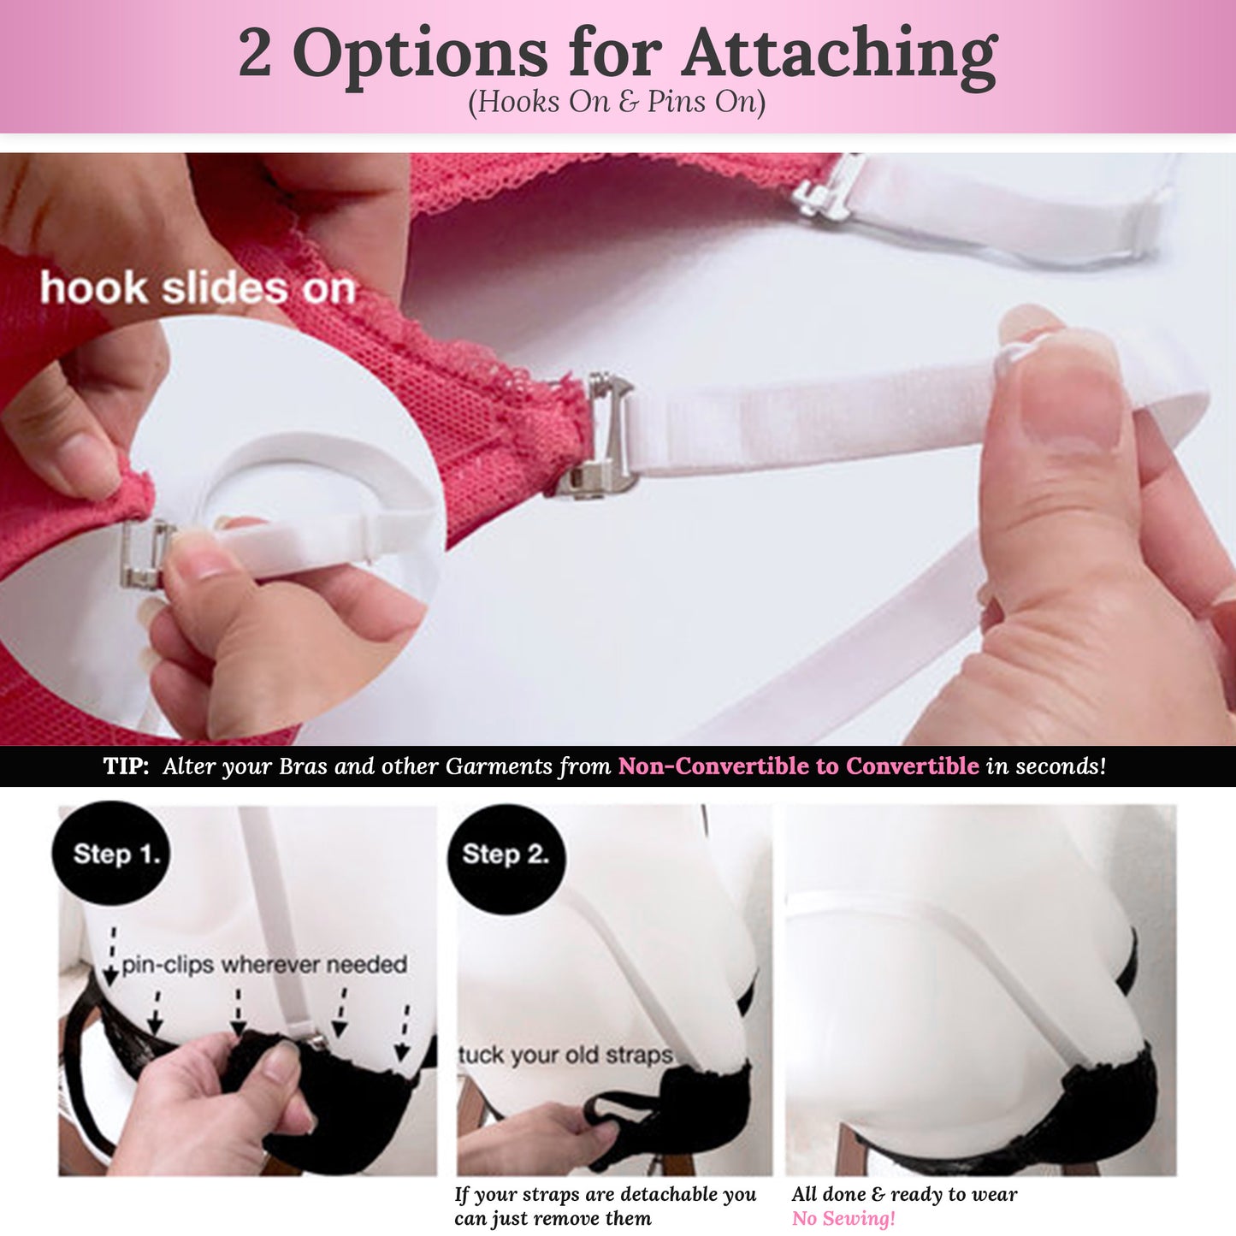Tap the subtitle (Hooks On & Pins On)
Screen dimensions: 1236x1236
coord(616,102)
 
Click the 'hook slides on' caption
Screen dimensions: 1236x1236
coord(198,288)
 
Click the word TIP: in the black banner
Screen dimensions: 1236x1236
coord(126,766)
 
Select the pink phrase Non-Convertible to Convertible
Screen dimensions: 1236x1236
coord(798,766)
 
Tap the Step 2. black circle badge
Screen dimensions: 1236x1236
coord(506,854)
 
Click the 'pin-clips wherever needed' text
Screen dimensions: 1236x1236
coord(263,965)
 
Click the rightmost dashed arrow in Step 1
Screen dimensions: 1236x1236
coord(403,1032)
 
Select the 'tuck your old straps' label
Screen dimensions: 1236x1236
coord(565,1055)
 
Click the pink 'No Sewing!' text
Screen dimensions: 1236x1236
coord(843,1218)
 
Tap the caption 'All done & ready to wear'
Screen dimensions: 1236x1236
coord(904,1194)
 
